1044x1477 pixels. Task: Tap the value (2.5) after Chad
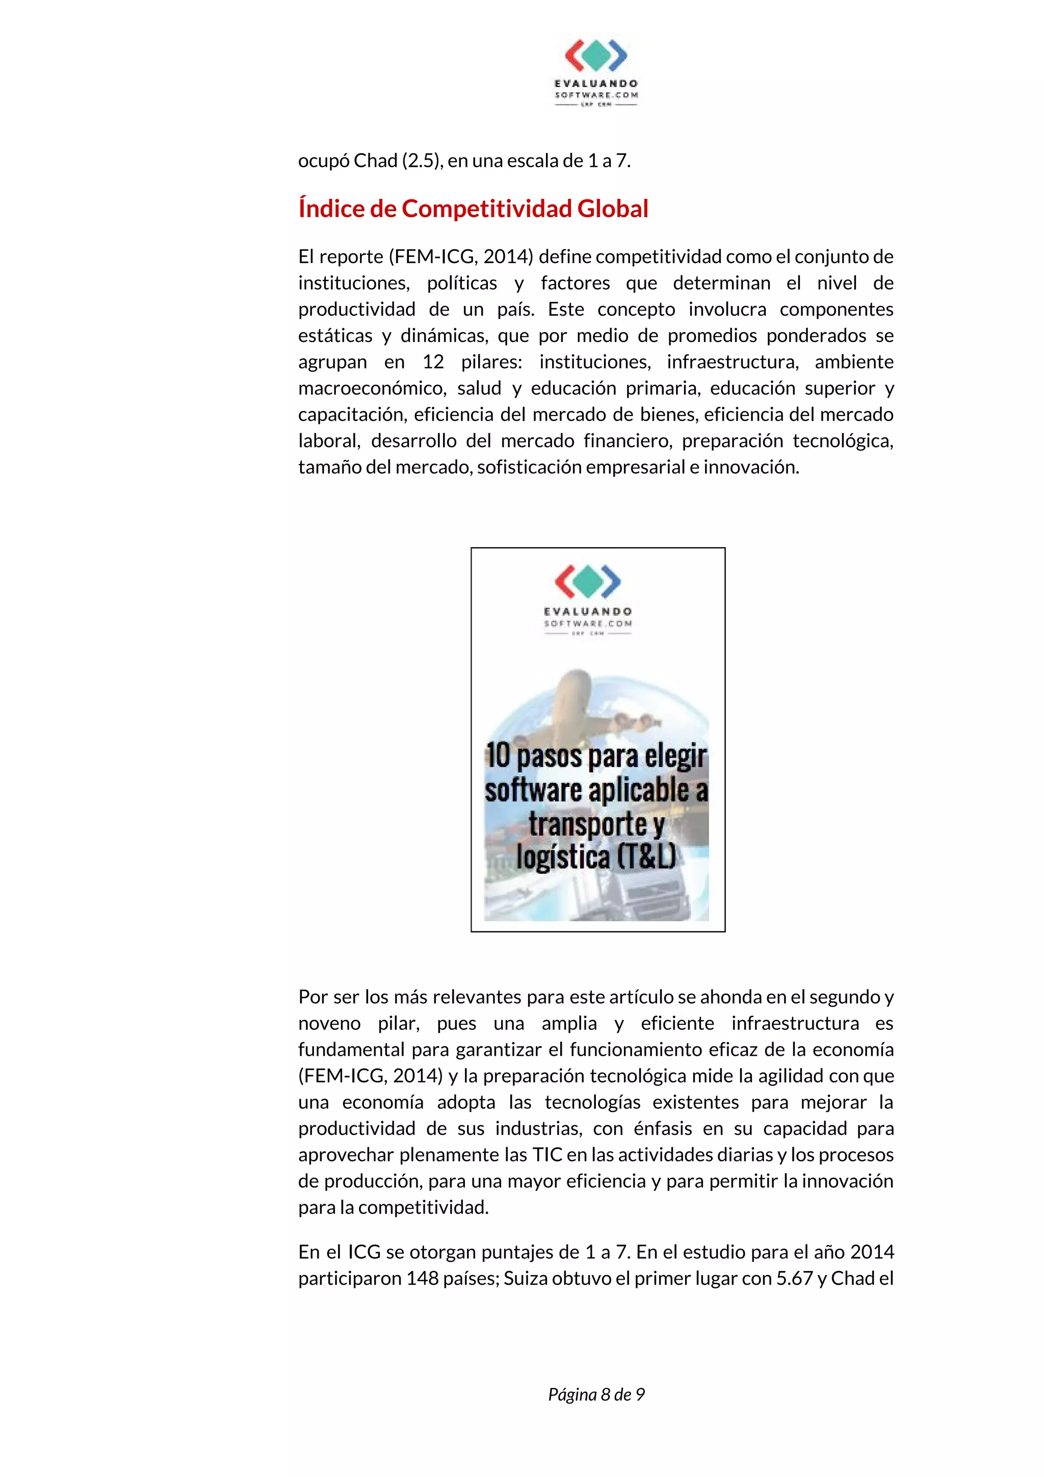pos(422,160)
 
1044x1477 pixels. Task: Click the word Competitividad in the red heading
pos(487,209)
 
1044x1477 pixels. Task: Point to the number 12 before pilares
pos(433,361)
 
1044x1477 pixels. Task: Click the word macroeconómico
pos(372,388)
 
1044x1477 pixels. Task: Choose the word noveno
pos(329,1023)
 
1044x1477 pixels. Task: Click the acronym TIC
pos(547,1155)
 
